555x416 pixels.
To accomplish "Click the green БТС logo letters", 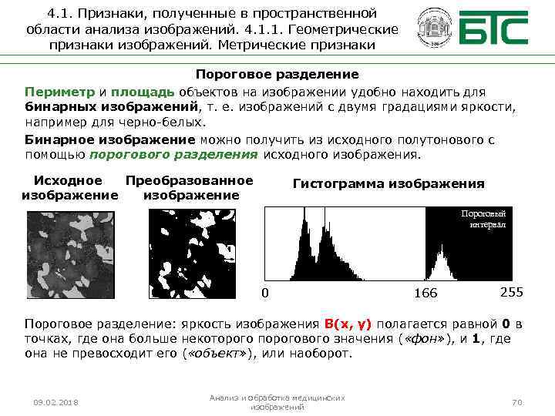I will pyautogui.click(x=494, y=30).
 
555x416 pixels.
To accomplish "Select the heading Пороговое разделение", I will pyautogui.click(x=277, y=75).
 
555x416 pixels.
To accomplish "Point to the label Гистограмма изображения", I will pyautogui.click(x=388, y=184).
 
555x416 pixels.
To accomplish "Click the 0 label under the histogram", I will pyautogui.click(x=266, y=293).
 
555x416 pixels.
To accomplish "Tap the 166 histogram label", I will pyautogui.click(x=425, y=293).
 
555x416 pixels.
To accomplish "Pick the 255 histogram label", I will pyautogui.click(x=512, y=292).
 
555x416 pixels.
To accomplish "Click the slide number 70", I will pyautogui.click(x=517, y=402).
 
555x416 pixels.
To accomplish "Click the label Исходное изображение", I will pyautogui.click(x=69, y=188).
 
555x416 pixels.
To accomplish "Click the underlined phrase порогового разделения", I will pyautogui.click(x=173, y=154).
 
